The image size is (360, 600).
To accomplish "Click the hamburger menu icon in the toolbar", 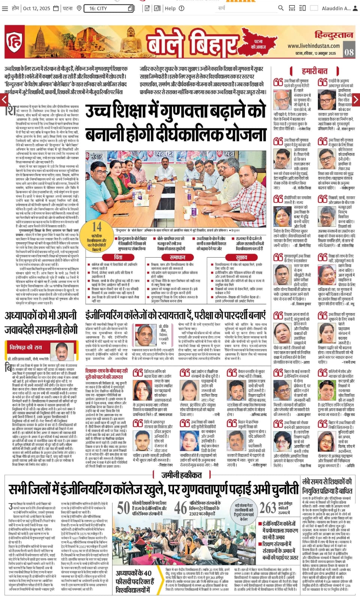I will (5, 8).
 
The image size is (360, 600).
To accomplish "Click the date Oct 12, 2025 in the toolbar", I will (36, 8).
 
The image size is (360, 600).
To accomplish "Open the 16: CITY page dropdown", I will (109, 8).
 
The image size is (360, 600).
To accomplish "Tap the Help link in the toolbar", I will (170, 8).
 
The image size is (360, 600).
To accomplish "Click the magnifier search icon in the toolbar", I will (280, 8).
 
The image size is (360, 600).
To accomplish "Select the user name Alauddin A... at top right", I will (336, 8).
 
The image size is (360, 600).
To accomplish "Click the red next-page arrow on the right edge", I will (356, 100).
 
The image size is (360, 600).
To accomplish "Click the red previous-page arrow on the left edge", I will (4, 100).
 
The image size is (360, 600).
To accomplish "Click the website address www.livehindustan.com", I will (313, 46).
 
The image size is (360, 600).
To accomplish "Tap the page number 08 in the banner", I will (349, 52).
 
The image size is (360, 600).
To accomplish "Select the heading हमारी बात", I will (314, 71).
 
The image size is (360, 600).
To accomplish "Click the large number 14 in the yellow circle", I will (96, 226).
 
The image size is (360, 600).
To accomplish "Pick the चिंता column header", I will (118, 257).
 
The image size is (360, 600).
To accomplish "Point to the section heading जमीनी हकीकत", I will (181, 475).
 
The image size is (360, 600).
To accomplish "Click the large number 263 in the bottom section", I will (268, 508).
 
